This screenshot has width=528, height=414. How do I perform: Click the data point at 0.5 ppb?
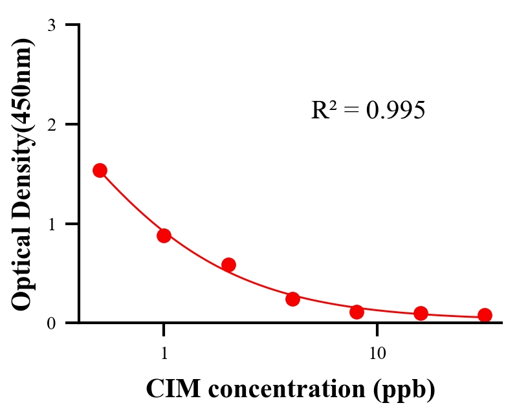100,170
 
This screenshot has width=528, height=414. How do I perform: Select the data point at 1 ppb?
164,235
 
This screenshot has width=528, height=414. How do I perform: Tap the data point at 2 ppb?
228,265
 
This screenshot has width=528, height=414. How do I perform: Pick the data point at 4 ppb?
292,299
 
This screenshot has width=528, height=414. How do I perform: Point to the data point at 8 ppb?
357,312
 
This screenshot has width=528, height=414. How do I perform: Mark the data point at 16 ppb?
421,313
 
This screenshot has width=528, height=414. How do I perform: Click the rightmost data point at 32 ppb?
485,315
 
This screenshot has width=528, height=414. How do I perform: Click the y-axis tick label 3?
51,25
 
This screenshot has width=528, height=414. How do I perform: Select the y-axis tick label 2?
51,124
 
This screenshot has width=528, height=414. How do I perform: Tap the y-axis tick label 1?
51,224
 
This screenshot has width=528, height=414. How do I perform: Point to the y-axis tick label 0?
51,323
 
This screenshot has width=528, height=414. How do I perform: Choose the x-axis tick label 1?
164,354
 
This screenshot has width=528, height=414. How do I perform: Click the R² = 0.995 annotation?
368,111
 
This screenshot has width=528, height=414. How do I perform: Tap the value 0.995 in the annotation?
395,111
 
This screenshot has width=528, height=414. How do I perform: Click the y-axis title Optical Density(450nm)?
22,173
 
